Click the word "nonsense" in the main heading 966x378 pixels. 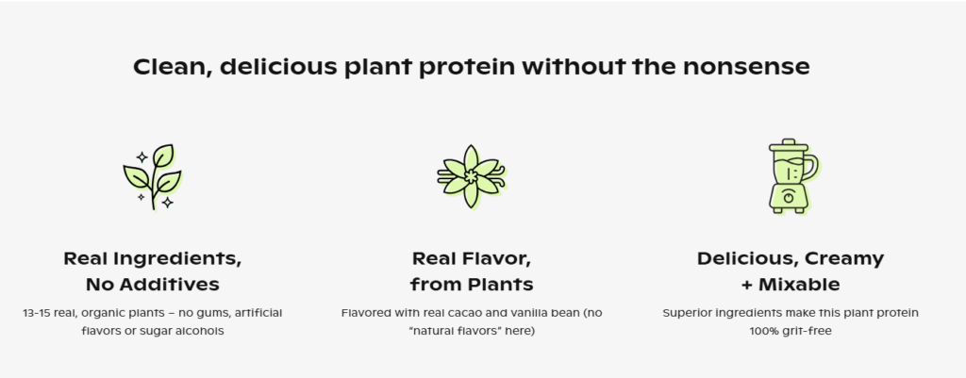(745, 67)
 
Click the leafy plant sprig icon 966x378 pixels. (152, 177)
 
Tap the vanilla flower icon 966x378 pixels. (472, 176)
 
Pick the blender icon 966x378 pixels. (792, 176)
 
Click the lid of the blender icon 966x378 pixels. (789, 146)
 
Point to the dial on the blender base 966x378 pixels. (789, 198)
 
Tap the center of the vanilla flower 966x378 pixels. (472, 176)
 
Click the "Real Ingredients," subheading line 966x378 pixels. (152, 258)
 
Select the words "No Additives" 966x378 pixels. (152, 285)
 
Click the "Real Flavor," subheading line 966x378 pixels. (472, 258)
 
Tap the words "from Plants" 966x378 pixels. (472, 285)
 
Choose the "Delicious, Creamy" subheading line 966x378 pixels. (791, 258)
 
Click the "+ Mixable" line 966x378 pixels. (791, 285)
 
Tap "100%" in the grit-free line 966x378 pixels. (762, 331)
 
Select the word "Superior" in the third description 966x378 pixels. (684, 313)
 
